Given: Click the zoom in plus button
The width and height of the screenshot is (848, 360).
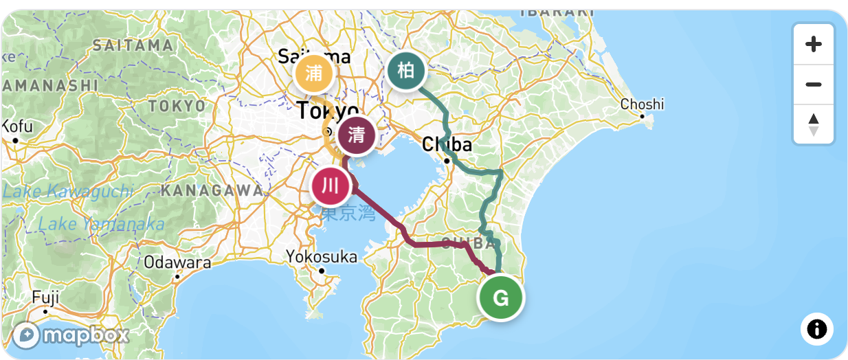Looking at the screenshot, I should click(814, 45).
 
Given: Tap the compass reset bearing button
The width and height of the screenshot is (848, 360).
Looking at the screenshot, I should click(814, 124).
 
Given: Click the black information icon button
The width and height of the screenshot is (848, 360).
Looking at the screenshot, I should click(816, 329).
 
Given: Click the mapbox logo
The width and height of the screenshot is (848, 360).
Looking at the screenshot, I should click(71, 335).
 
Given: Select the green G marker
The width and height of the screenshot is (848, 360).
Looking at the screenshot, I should click(501, 298).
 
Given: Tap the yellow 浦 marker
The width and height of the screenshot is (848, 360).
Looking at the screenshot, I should click(314, 73).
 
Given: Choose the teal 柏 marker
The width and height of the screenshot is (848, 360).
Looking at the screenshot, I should click(406, 71).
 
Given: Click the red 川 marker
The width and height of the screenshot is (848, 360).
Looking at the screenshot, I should click(331, 185).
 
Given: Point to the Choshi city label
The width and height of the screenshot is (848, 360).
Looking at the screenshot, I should click(642, 104).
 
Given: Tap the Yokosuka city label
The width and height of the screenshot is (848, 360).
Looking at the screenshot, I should click(322, 257).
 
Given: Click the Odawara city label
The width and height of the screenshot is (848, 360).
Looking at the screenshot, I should click(177, 262).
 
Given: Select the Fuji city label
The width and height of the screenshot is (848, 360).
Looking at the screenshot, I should click(45, 297).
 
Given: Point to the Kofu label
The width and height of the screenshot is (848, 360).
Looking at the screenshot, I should click(16, 126).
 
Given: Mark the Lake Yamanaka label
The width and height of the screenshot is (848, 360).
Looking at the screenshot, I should click(101, 224).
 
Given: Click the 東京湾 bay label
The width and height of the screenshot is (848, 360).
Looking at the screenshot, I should click(348, 214).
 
